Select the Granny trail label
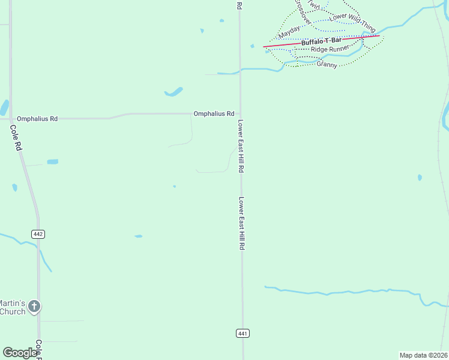pos(327,64)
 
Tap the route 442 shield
pos(38,233)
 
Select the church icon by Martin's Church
pos(34,307)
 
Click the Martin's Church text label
pos(12,307)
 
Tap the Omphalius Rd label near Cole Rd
pos(37,119)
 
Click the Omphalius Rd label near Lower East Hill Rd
pos(213,113)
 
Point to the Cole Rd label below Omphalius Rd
pos(16,137)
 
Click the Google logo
pos(20,353)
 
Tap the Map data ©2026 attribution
pos(423,355)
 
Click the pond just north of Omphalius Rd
pos(173,92)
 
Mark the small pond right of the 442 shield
pos(139,236)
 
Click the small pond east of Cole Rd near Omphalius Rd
pos(53,161)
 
